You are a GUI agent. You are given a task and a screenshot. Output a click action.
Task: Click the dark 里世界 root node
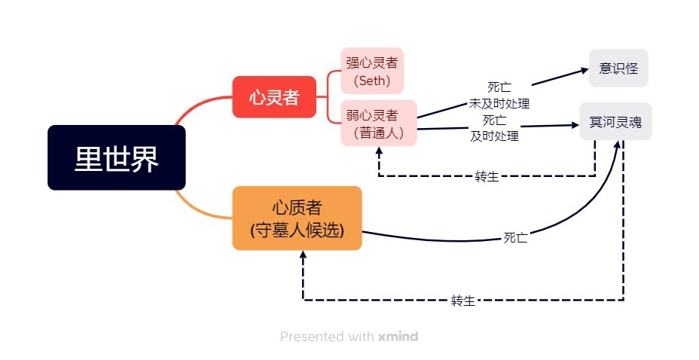[x=116, y=157]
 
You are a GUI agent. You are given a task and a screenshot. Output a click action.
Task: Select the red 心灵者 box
[x=274, y=97]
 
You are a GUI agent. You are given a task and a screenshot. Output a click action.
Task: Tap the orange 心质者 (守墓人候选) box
[x=297, y=218]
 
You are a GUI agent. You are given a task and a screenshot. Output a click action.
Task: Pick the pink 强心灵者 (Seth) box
[x=372, y=71]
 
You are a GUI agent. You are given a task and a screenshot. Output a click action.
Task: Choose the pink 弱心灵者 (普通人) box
[x=379, y=123]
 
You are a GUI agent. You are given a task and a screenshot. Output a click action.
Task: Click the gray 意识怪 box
[x=618, y=69]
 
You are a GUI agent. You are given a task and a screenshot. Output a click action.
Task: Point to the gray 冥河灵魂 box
[x=615, y=122]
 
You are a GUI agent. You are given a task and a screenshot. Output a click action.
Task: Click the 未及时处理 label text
[x=499, y=104]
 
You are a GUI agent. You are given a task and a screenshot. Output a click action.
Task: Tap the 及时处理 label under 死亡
[x=494, y=136]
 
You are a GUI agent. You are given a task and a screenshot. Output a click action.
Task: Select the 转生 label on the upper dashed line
[x=487, y=176]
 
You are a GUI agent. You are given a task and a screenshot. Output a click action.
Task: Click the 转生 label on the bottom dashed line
[x=463, y=301]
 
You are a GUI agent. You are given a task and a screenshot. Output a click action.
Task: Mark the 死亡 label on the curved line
[x=516, y=237]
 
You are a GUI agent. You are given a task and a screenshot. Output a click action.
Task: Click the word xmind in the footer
[x=398, y=337]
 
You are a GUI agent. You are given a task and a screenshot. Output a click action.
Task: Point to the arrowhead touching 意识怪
[x=585, y=70]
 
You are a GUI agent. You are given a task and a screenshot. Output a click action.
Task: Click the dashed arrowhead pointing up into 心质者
[x=303, y=255]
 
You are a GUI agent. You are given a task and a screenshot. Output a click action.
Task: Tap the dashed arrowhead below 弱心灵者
[x=379, y=151]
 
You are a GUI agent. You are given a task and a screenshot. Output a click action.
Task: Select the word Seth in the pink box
[x=372, y=81]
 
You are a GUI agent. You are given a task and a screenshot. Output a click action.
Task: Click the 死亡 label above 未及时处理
[x=499, y=87]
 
